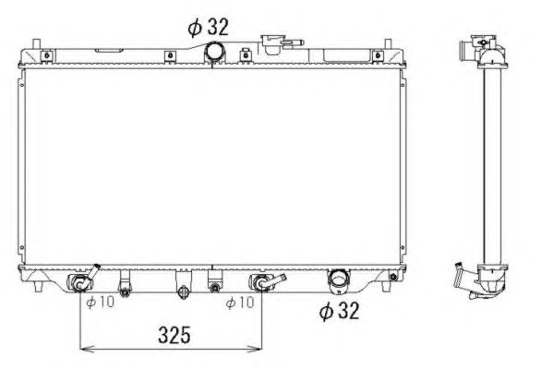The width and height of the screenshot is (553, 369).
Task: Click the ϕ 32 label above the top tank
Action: coord(209,27)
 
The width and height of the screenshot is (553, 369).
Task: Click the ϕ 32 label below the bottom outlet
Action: coord(339,311)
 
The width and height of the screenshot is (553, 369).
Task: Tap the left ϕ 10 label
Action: coord(101,302)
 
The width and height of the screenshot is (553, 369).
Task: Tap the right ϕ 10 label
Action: coord(240,302)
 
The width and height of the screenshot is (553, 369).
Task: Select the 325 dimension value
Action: coord(174,335)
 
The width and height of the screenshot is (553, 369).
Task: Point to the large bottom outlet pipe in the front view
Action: coord(339,280)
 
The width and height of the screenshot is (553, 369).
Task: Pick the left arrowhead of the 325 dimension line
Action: coord(85,350)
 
